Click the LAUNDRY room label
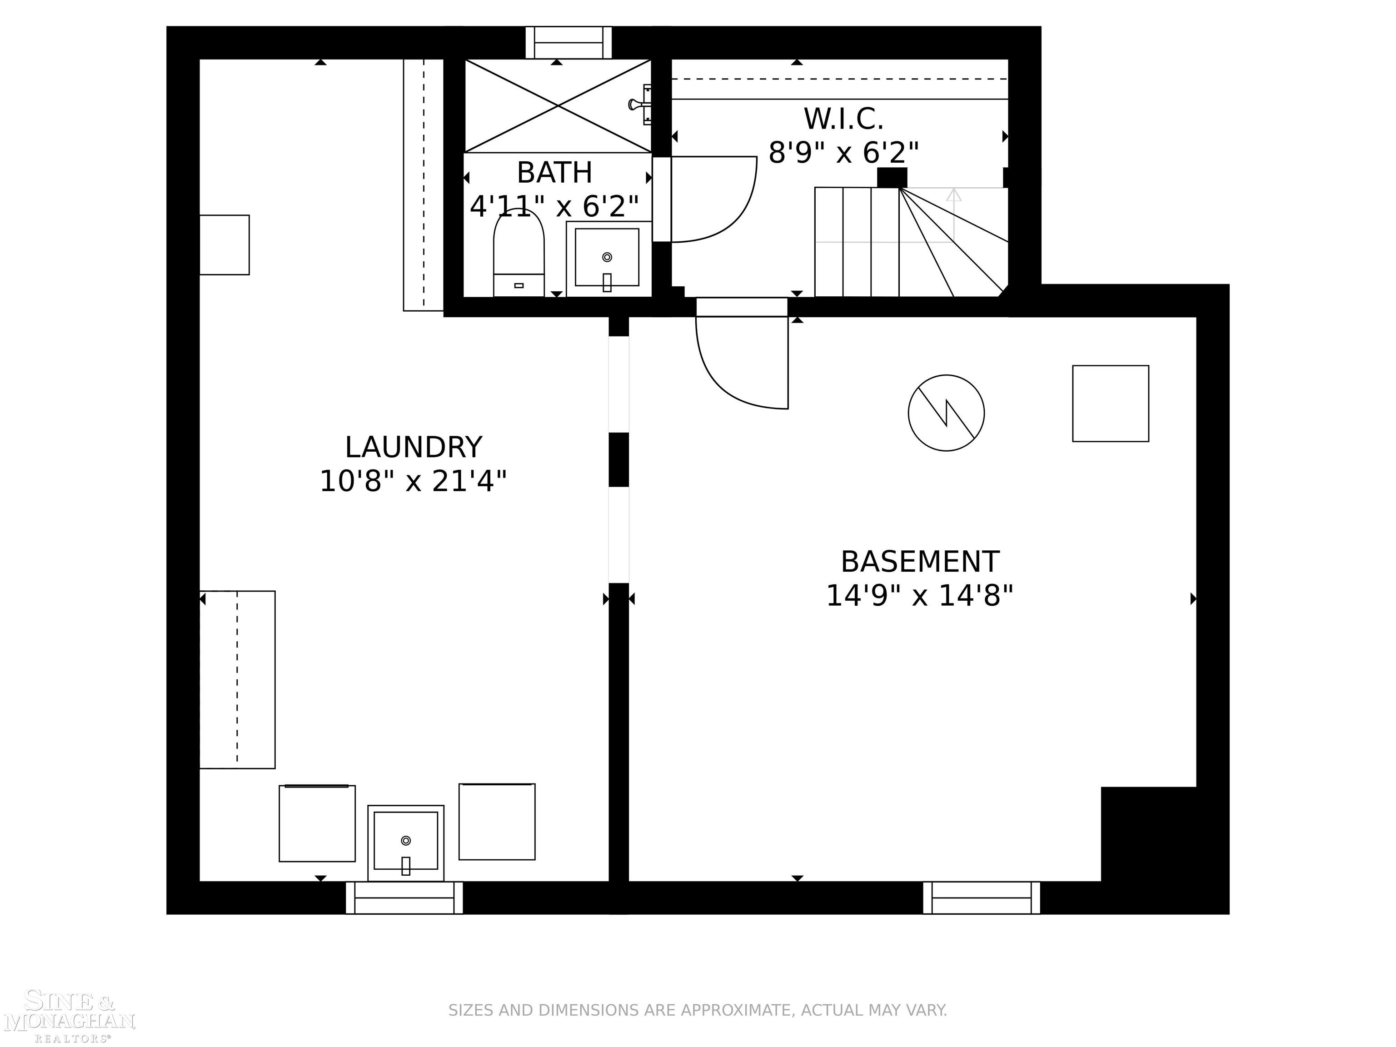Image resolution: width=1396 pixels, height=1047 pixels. (414, 448)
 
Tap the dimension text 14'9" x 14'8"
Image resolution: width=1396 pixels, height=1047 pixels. (919, 596)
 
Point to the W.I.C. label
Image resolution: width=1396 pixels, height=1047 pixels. (843, 119)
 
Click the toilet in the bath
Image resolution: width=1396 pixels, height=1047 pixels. (518, 253)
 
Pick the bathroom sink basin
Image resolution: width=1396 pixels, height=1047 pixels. (607, 258)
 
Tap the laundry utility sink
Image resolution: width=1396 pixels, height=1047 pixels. (405, 842)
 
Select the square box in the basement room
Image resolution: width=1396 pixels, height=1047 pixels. (1110, 403)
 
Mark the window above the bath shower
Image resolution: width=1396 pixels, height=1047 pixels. (568, 42)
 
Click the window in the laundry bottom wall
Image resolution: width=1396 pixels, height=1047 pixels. (404, 897)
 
